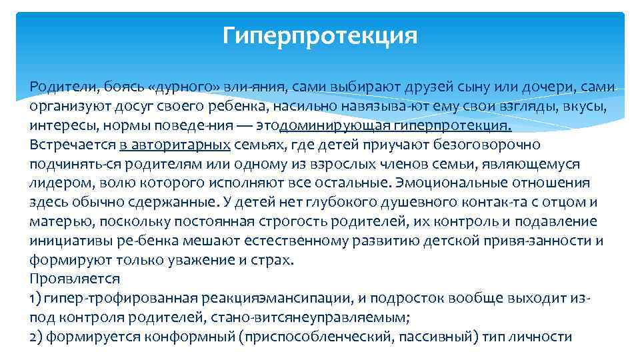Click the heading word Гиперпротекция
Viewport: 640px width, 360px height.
(x=320, y=35)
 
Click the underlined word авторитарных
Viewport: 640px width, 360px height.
(x=195, y=145)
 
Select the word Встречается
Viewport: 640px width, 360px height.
(x=74, y=145)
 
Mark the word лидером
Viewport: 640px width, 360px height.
(x=55, y=183)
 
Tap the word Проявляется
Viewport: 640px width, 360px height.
(x=75, y=279)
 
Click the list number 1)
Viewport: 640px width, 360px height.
(x=36, y=298)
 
